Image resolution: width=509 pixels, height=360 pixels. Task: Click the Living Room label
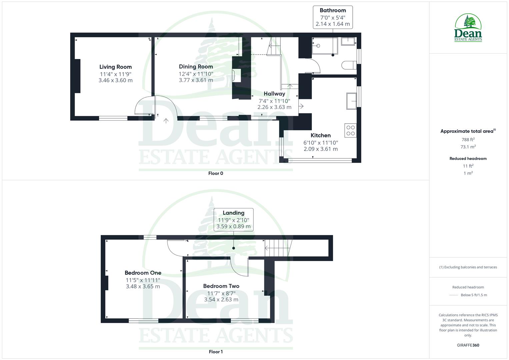[115, 67]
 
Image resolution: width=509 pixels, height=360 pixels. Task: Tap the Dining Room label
[196, 67]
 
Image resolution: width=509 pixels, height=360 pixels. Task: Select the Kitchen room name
[321, 135]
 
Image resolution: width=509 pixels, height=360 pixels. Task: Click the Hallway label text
[274, 94]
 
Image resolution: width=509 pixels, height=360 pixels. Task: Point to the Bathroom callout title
[333, 10]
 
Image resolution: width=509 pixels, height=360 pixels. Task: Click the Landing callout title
[233, 213]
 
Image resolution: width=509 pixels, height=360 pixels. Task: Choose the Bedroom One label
[143, 273]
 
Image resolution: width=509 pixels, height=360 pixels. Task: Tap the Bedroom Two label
[221, 286]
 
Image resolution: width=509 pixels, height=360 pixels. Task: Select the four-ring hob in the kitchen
[351, 130]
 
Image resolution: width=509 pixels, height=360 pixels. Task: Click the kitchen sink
[351, 101]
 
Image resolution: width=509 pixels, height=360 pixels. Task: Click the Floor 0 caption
[216, 173]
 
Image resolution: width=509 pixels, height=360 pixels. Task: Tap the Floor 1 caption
[216, 352]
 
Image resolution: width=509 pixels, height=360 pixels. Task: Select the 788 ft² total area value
[468, 140]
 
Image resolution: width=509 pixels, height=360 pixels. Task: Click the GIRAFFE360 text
[468, 345]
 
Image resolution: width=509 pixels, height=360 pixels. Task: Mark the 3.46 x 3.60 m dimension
[115, 80]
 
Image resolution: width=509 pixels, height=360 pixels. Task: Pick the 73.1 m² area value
[468, 147]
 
